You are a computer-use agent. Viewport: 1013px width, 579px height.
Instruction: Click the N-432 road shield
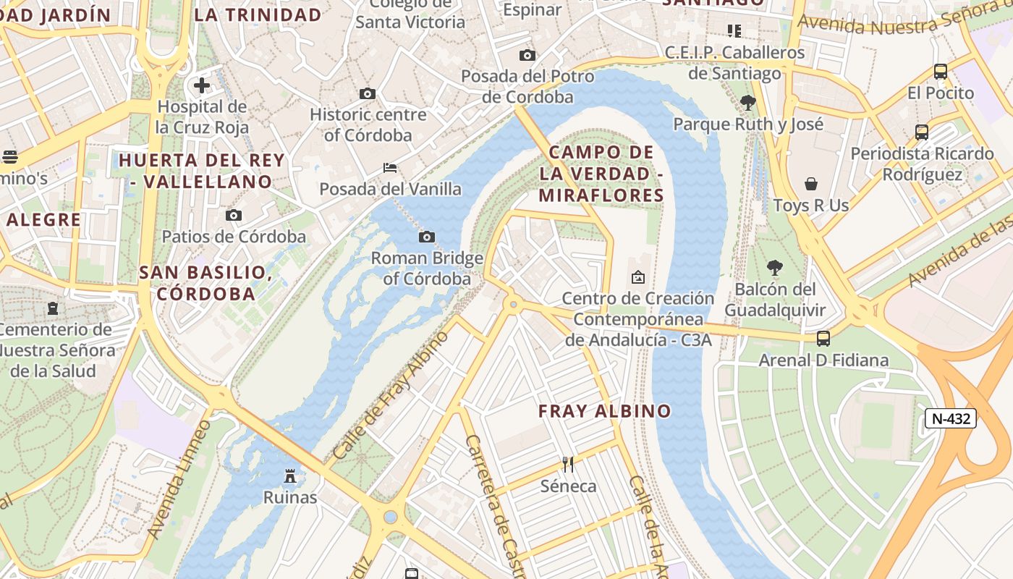[951, 418]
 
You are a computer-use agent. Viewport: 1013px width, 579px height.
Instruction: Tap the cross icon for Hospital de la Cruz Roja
[202, 85]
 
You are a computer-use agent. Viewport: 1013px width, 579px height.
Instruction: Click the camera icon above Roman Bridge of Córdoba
[427, 237]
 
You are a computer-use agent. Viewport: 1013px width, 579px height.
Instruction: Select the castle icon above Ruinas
[290, 476]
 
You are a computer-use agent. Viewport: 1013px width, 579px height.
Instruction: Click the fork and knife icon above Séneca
[568, 464]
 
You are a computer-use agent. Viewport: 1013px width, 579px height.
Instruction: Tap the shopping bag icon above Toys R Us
[811, 184]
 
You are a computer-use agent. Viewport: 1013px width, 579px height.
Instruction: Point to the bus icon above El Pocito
[941, 72]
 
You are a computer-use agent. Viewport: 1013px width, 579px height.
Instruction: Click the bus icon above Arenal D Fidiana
[823, 338]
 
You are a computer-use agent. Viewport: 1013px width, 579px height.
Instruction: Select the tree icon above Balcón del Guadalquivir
[774, 268]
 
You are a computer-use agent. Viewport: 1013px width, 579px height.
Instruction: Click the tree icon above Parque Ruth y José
[748, 102]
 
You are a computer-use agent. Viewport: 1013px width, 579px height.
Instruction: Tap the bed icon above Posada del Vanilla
[390, 168]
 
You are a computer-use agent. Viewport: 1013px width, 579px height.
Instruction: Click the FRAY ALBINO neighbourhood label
[605, 411]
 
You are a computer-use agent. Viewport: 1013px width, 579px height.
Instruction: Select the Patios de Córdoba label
[234, 237]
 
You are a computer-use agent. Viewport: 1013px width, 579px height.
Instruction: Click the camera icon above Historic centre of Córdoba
[368, 93]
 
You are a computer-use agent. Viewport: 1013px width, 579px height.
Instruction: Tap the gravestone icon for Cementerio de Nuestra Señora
[53, 308]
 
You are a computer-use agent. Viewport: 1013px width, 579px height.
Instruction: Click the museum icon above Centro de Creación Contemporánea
[638, 276]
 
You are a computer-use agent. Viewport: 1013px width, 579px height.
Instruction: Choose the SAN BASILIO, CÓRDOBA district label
[205, 283]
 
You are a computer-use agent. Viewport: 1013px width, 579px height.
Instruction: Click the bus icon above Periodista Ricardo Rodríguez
[922, 132]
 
